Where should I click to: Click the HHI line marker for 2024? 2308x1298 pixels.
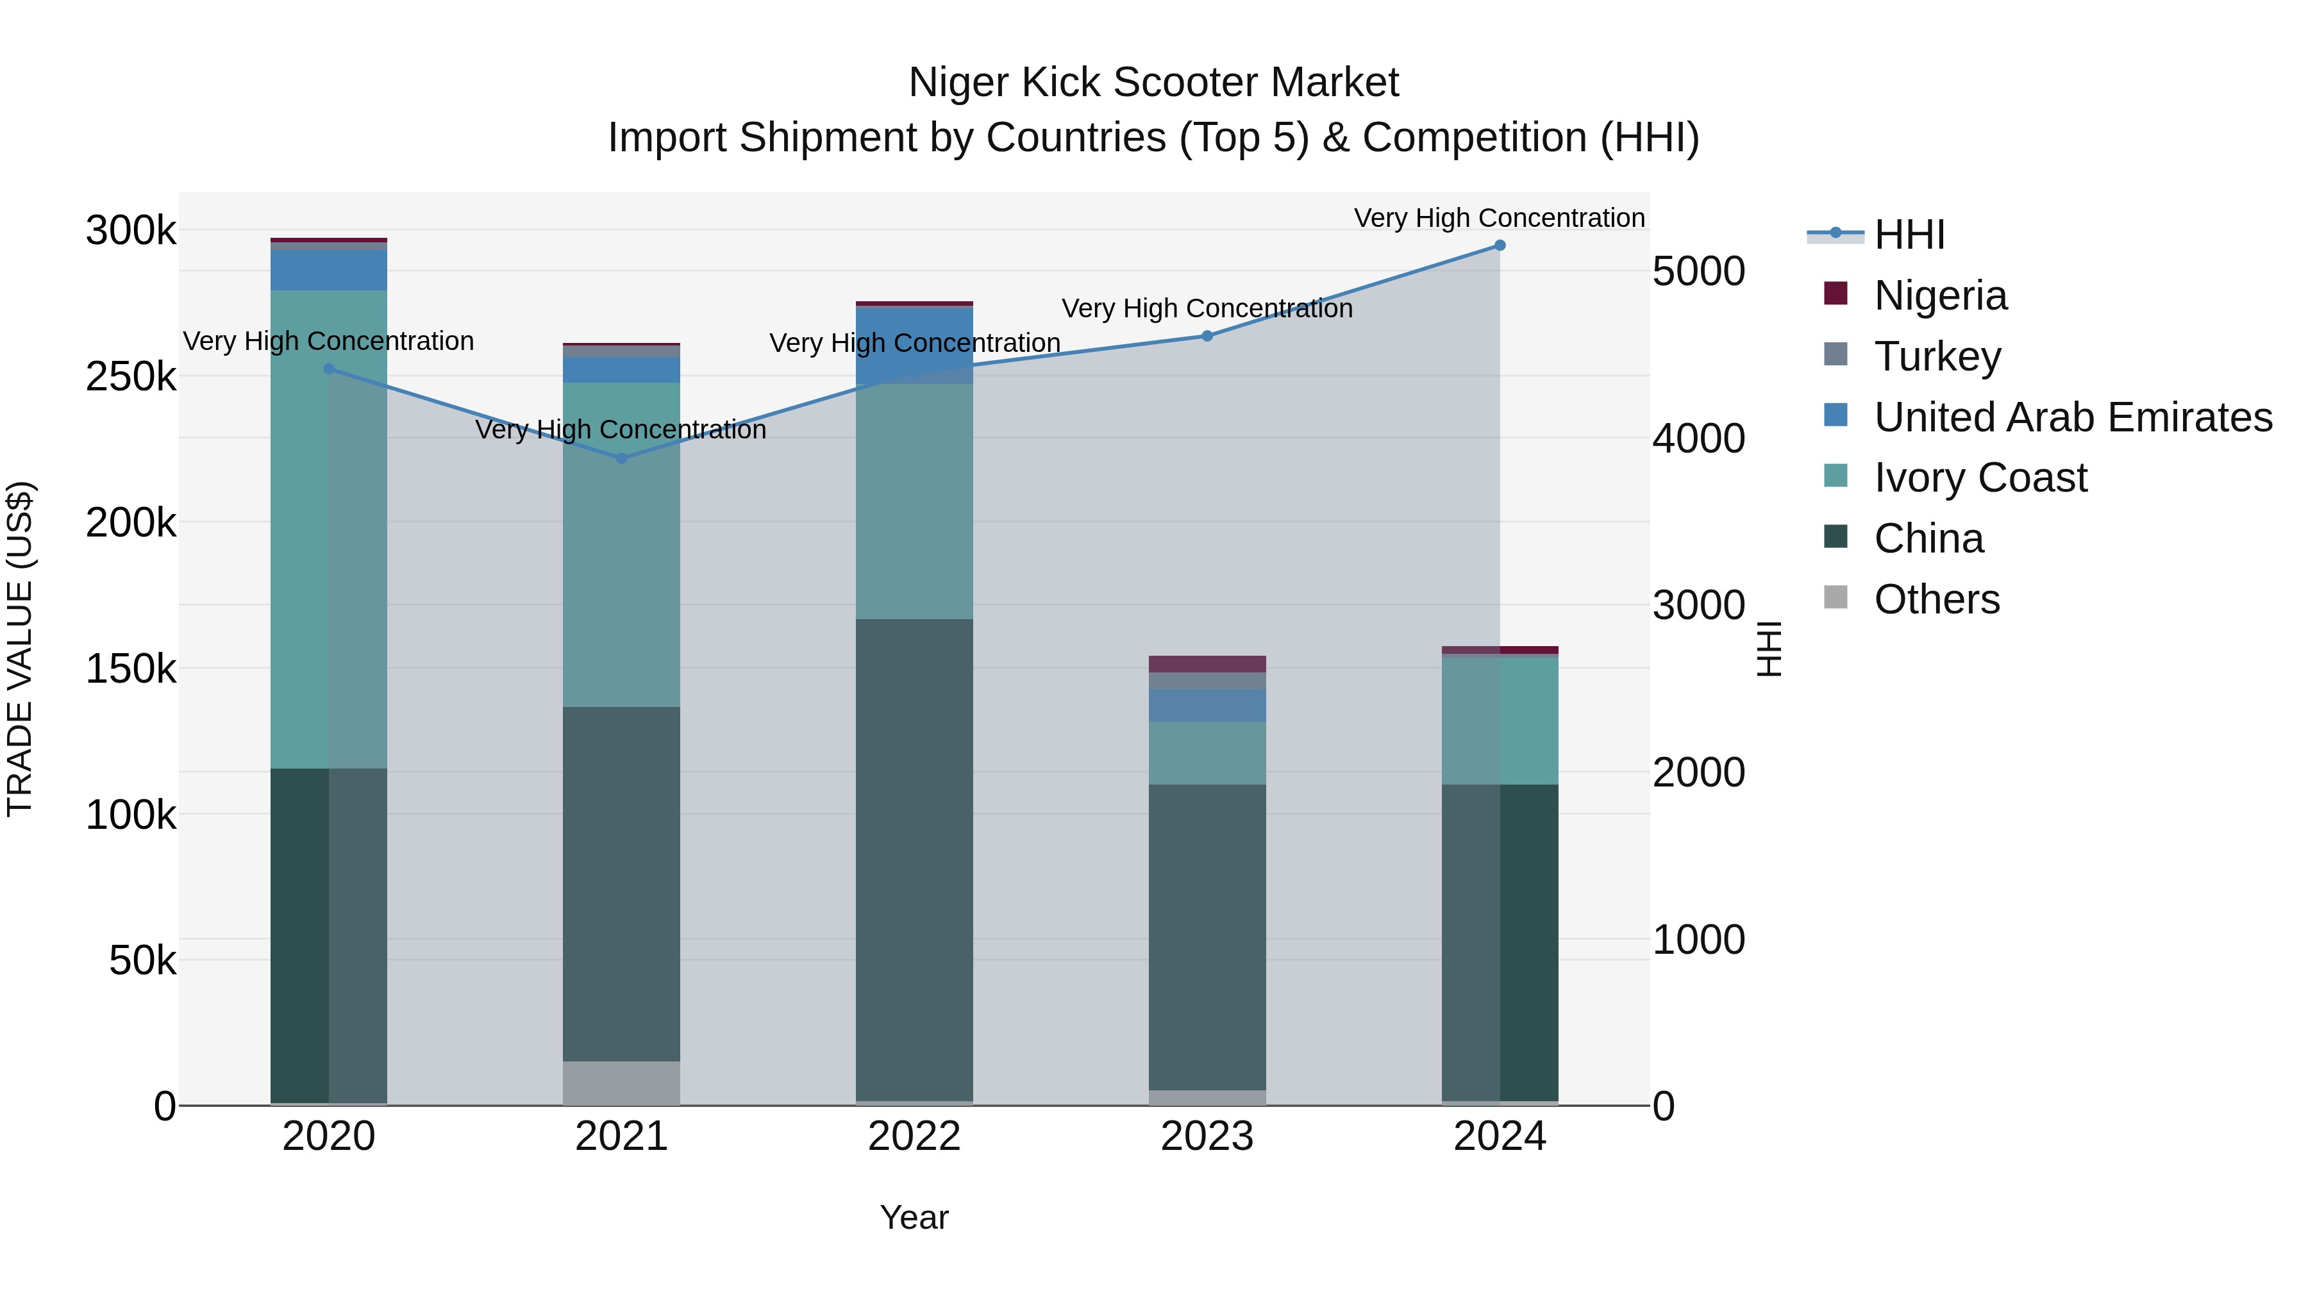click(x=1499, y=245)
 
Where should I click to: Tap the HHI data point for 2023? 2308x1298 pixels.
click(x=1207, y=336)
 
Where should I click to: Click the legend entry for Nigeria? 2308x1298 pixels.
click(x=1940, y=295)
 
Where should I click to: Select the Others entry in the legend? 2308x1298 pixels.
click(x=1936, y=599)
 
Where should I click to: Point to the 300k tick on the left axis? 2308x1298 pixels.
click(x=131, y=231)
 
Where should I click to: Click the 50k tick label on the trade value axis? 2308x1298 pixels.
click(x=142, y=961)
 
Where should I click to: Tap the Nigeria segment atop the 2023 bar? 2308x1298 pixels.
click(x=1207, y=664)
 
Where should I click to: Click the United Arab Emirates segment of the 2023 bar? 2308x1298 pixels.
click(x=1207, y=705)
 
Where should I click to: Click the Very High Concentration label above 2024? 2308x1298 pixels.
click(x=1499, y=218)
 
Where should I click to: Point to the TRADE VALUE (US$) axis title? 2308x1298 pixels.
click(x=20, y=649)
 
